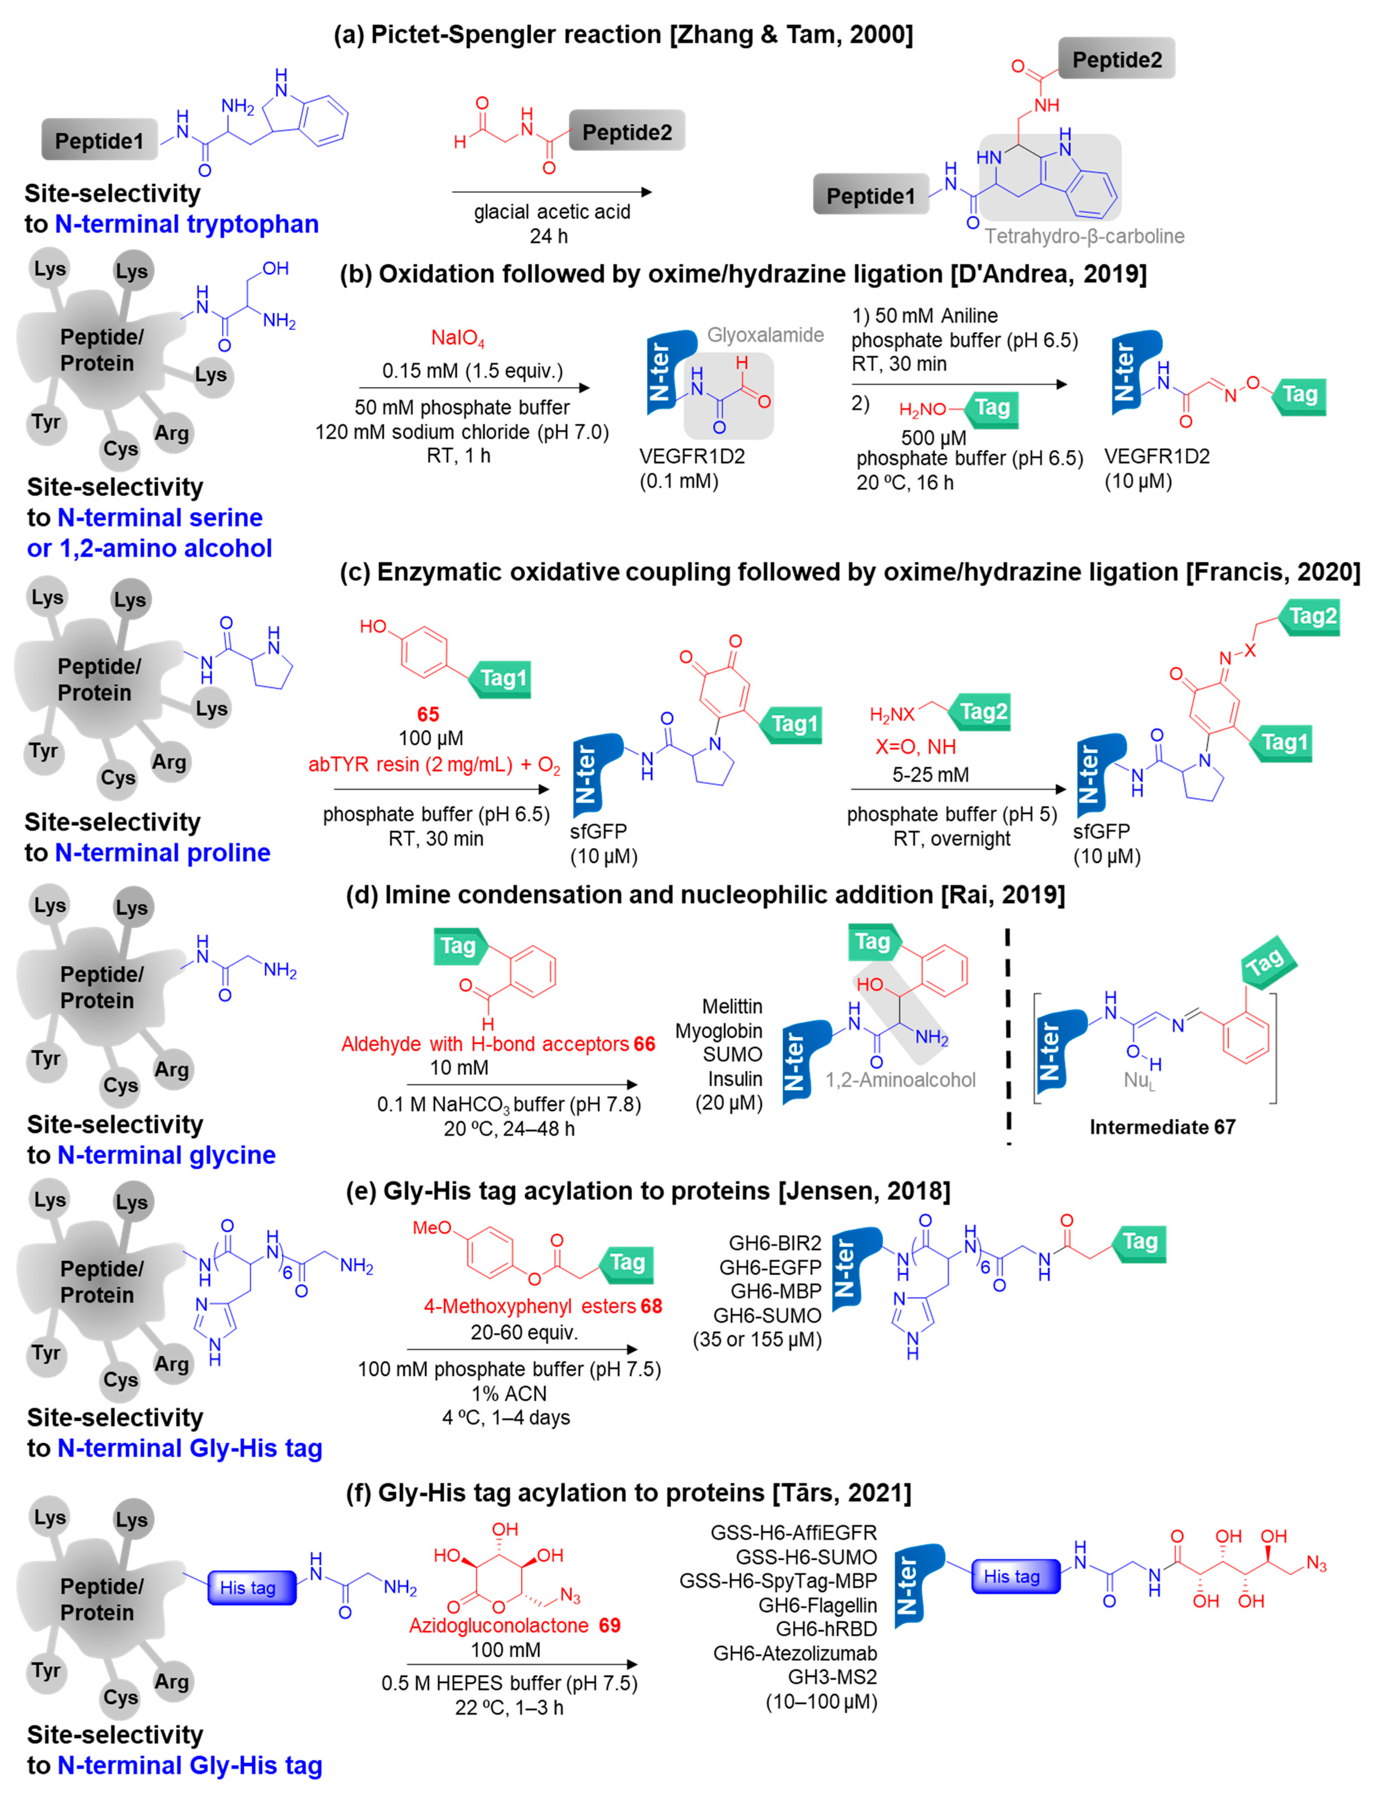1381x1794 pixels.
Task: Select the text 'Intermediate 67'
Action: [1162, 1127]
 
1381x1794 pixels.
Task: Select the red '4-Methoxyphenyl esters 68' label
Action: [542, 1306]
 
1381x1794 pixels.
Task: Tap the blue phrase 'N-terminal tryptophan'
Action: [186, 224]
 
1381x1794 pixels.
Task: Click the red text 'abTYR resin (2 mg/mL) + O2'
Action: [434, 765]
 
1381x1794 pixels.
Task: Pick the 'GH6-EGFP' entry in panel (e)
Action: [770, 1267]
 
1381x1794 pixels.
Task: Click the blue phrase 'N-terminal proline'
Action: [162, 853]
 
